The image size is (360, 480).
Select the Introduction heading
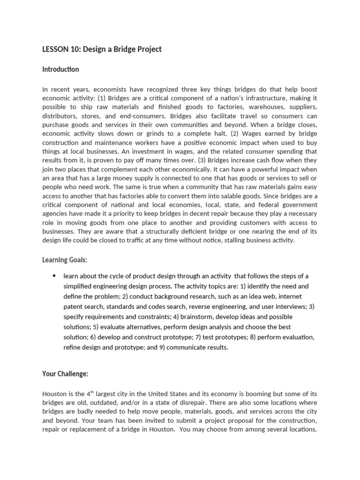click(60, 69)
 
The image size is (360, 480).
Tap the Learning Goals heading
click(65, 260)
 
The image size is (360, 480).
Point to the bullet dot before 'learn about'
click(54, 276)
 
